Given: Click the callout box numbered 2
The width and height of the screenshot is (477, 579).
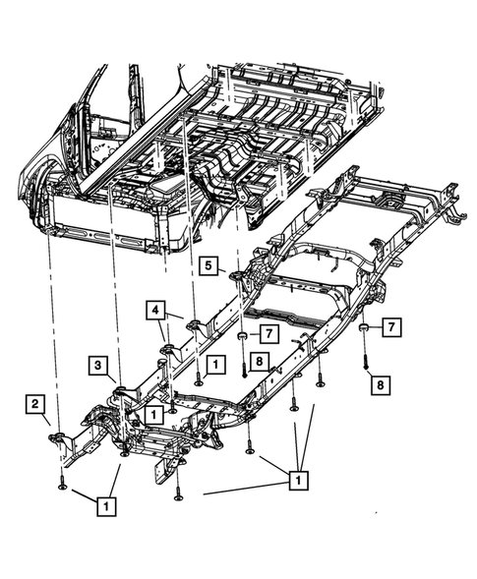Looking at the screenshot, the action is pyautogui.click(x=34, y=404).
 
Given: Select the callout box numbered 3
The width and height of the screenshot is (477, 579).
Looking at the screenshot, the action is pyautogui.click(x=97, y=366).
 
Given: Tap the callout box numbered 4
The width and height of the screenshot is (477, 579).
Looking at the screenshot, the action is pyautogui.click(x=155, y=311).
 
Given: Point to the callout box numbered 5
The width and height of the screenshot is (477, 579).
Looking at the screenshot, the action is pyautogui.click(x=209, y=265).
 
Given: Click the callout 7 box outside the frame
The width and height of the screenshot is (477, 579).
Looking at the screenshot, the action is pyautogui.click(x=391, y=326).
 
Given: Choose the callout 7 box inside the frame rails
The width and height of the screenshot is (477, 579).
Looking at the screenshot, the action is pyautogui.click(x=268, y=334).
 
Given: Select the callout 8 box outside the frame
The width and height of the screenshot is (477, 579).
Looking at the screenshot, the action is pyautogui.click(x=381, y=385).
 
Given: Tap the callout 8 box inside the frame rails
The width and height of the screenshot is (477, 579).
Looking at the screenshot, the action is pyautogui.click(x=260, y=362).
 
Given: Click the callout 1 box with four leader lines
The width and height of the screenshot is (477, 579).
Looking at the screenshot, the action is pyautogui.click(x=298, y=480).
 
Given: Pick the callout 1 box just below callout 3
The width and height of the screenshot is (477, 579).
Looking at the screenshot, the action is pyautogui.click(x=153, y=415).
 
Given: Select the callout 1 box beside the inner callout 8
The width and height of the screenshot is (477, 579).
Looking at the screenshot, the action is pyautogui.click(x=215, y=365).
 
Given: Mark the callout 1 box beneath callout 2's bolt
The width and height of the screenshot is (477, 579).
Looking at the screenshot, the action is pyautogui.click(x=106, y=506).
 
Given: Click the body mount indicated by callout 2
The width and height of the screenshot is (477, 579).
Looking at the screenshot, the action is pyautogui.click(x=56, y=436).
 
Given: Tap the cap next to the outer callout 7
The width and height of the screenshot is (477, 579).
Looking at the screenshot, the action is pyautogui.click(x=364, y=327).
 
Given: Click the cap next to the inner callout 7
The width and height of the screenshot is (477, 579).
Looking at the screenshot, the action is pyautogui.click(x=242, y=336).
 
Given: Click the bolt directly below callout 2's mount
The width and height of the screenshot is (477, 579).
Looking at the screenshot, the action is pyautogui.click(x=62, y=482).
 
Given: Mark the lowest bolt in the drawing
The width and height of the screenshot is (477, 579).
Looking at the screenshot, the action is pyautogui.click(x=179, y=493).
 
